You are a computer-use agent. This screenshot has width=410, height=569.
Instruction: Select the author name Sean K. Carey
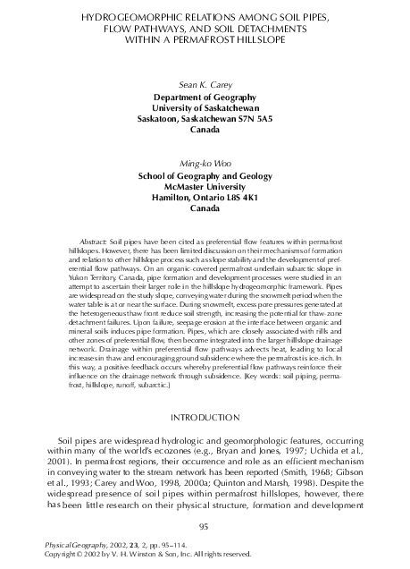click(x=205, y=81)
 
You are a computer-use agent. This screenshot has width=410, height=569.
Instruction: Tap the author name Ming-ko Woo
click(x=205, y=164)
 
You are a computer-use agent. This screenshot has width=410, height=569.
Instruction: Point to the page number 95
click(x=205, y=525)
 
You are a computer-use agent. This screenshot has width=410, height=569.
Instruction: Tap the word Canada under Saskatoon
click(x=205, y=128)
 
